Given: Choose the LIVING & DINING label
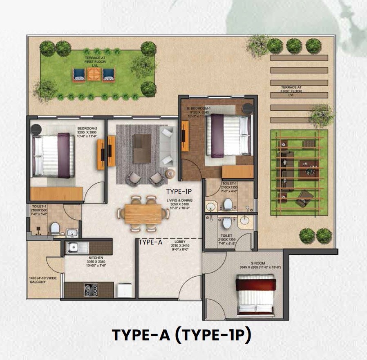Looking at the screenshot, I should pyautogui.click(x=179, y=203).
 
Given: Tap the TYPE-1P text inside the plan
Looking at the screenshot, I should pyautogui.click(x=179, y=191).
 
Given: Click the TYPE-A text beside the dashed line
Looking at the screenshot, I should pyautogui.click(x=150, y=242).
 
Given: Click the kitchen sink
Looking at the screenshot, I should pyautogui.click(x=74, y=247).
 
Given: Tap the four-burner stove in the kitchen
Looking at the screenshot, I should pyautogui.click(x=91, y=290).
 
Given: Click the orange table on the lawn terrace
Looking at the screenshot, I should pyautogui.click(x=92, y=74).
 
